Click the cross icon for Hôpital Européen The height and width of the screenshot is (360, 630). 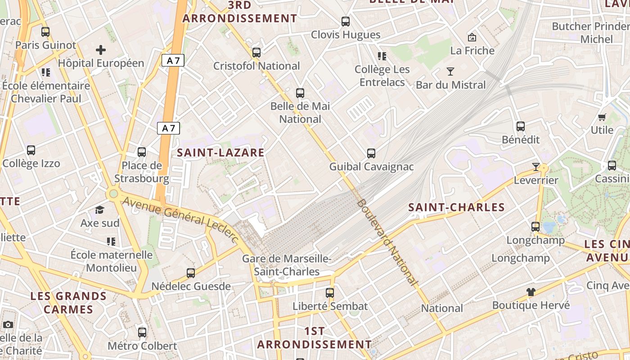tap(101, 50)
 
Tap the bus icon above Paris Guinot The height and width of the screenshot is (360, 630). tap(45, 32)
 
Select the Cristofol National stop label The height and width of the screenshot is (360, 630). tap(256, 66)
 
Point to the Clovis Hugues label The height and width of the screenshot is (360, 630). tap(346, 35)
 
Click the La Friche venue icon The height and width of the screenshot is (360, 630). tap(472, 37)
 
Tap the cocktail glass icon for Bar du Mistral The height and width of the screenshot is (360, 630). tap(450, 72)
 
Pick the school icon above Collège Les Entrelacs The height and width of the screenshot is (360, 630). tap(382, 56)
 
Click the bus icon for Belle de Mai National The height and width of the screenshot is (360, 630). tap(300, 93)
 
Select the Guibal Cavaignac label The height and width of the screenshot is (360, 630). tap(371, 166)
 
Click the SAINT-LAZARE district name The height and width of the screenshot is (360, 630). tap(220, 153)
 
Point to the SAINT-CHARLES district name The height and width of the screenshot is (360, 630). tap(456, 207)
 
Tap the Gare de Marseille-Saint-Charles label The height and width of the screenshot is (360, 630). tap(287, 265)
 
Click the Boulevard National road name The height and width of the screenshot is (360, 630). tap(387, 242)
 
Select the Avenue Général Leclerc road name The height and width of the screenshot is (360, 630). tap(180, 220)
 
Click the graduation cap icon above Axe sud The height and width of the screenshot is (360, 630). tap(99, 210)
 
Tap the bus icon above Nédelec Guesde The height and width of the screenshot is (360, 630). tap(191, 273)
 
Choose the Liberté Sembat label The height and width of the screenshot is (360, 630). tap(330, 306)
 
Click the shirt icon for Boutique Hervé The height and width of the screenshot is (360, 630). tap(531, 292)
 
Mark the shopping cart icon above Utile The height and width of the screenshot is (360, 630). tap(602, 117)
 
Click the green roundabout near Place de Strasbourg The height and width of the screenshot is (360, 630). tap(113, 194)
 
